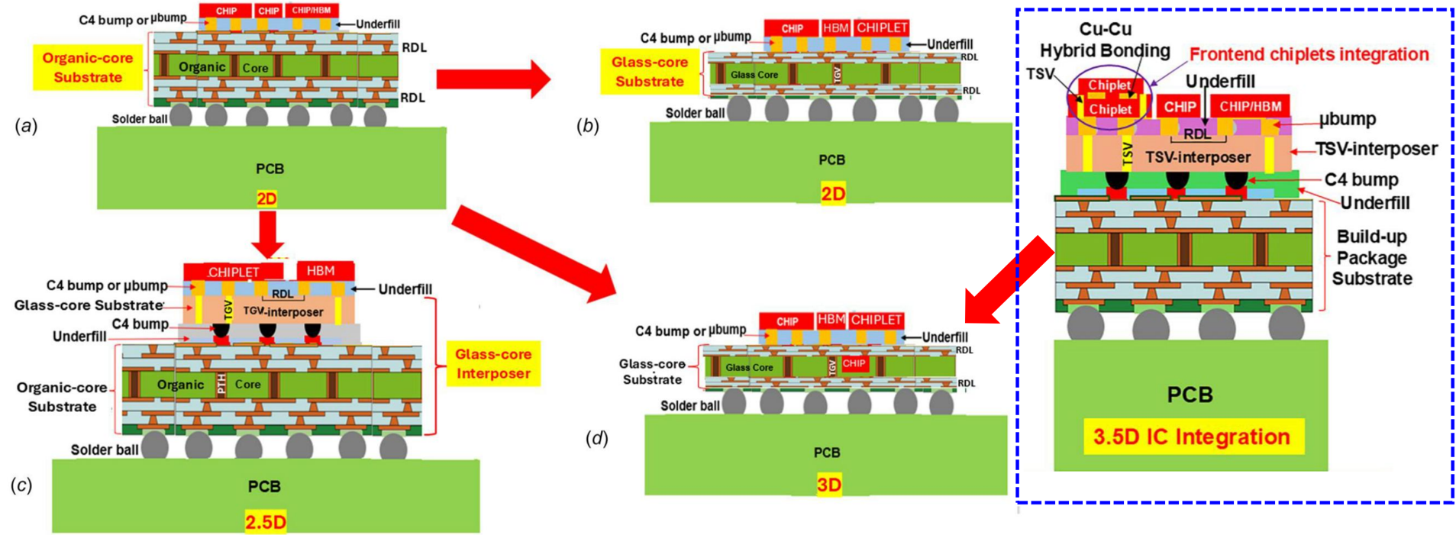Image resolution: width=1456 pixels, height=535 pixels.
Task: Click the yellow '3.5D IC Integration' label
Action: click(x=1193, y=437)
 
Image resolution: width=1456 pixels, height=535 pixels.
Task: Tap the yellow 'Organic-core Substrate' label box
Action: click(x=88, y=67)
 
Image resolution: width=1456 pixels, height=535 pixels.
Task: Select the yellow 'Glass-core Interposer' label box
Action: click(x=493, y=363)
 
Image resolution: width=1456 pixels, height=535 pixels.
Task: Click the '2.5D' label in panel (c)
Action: click(x=266, y=522)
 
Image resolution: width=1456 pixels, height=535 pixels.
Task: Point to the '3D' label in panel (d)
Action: click(x=829, y=485)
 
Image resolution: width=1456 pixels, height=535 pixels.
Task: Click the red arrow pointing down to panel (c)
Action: click(x=268, y=235)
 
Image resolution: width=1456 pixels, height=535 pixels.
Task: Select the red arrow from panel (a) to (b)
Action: click(x=493, y=78)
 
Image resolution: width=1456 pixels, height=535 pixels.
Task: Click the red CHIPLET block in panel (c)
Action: click(x=234, y=272)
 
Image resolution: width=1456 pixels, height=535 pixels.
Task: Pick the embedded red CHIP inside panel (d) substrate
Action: click(x=854, y=363)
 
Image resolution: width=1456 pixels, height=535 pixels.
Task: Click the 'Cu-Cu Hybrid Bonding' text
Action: click(x=1105, y=40)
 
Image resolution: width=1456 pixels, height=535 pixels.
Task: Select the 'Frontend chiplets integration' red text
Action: click(x=1309, y=54)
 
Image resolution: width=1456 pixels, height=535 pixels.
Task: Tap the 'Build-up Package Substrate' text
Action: click(x=1372, y=257)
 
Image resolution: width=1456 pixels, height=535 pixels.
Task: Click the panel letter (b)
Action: click(x=587, y=126)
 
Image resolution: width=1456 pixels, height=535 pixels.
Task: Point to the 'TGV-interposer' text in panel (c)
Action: click(x=283, y=311)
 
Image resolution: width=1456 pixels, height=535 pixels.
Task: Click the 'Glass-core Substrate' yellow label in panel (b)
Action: click(x=650, y=72)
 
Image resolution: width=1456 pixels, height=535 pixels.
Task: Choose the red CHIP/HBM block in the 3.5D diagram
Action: click(x=1250, y=106)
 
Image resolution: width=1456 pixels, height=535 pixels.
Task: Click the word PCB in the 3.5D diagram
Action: click(x=1190, y=395)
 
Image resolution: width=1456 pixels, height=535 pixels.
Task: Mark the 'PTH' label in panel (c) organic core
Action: click(x=221, y=384)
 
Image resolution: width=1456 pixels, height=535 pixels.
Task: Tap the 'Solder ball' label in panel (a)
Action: click(x=140, y=119)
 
